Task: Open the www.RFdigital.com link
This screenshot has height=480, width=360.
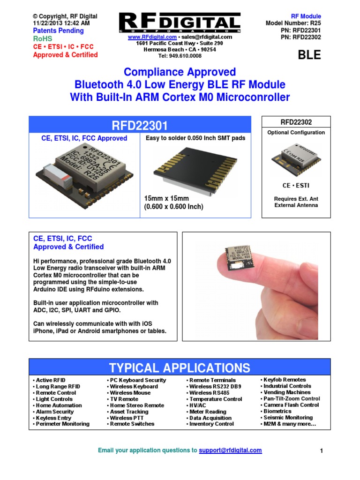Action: click(x=152, y=37)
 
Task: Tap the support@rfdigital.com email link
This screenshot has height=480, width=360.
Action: click(x=230, y=450)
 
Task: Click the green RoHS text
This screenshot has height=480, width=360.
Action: click(x=43, y=39)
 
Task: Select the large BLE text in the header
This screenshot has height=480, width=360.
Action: click(x=310, y=55)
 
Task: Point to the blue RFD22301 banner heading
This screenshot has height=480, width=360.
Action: click(x=140, y=125)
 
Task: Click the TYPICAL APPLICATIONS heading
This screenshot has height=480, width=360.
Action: click(x=180, y=367)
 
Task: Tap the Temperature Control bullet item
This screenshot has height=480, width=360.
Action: click(x=216, y=399)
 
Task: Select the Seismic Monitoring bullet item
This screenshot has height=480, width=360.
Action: click(x=288, y=417)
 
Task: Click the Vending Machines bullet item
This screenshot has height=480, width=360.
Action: click(x=287, y=392)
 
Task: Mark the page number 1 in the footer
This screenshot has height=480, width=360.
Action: click(x=322, y=451)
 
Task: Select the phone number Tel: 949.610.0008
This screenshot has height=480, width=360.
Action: click(x=180, y=56)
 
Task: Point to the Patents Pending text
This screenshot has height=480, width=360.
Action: click(x=58, y=30)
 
